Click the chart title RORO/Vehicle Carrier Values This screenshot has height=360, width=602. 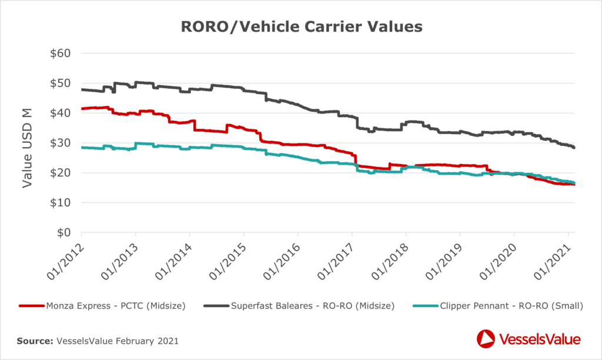tap(301, 27)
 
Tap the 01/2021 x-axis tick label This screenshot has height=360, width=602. tap(554, 259)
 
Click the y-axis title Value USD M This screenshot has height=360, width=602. tap(27, 143)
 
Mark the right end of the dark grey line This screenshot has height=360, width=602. tap(574, 147)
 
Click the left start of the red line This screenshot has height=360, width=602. tap(82, 109)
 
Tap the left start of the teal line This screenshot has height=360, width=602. tap(82, 148)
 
